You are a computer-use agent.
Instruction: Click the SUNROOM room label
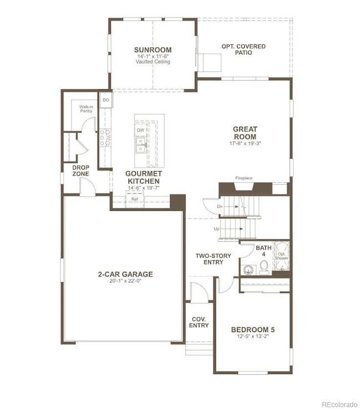(153, 49)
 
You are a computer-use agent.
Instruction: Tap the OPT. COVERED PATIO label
(243, 49)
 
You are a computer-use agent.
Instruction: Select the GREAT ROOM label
(244, 133)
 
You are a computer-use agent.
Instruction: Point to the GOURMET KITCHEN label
(143, 177)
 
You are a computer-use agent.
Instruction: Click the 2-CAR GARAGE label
(125, 274)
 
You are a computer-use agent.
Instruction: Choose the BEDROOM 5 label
(253, 330)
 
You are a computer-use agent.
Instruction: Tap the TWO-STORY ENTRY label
(213, 259)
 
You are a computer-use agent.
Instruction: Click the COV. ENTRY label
(199, 322)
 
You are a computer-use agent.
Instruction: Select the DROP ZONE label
(81, 170)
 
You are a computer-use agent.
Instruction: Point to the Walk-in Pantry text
(86, 109)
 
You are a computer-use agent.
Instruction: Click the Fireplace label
(244, 178)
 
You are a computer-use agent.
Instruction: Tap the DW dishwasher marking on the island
(141, 130)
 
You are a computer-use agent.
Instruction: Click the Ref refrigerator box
(135, 199)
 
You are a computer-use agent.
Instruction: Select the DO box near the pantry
(106, 100)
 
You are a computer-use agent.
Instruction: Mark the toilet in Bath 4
(264, 268)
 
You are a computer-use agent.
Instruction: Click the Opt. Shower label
(282, 256)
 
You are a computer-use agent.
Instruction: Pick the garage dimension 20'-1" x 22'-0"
(125, 282)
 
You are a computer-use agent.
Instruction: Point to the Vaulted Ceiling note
(153, 62)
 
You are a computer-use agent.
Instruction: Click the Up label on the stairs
(218, 228)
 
